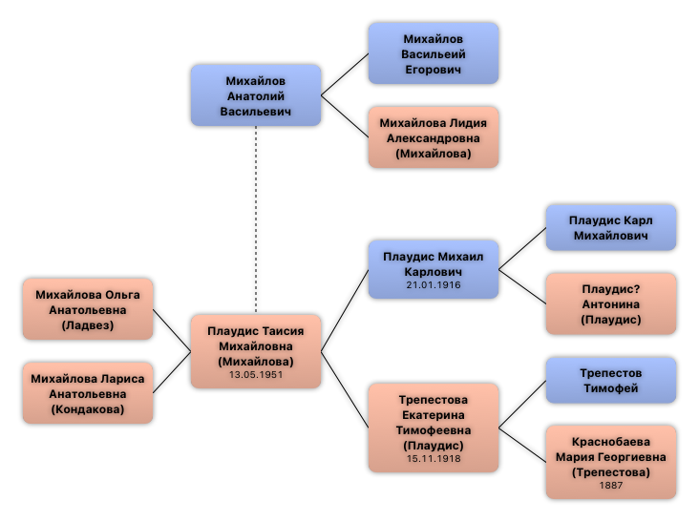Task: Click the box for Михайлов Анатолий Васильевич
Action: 255,95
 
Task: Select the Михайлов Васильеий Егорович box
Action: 433,53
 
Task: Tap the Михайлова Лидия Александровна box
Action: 433,137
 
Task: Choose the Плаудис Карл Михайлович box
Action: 610,227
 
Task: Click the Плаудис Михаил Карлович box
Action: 433,268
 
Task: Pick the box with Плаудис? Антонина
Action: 610,303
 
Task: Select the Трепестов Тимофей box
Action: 610,380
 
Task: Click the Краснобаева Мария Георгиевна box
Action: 610,462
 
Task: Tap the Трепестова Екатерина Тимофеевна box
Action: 433,427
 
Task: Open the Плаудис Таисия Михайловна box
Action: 255,350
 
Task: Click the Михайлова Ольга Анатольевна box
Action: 88,309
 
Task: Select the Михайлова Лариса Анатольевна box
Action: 88,393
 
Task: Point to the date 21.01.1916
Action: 433,284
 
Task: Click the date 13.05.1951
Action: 255,375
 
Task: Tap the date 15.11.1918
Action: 433,459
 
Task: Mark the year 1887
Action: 610,486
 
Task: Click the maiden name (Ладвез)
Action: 88,325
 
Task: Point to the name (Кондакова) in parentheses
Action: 88,409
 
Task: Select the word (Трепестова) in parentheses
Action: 610,472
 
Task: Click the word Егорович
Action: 433,70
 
